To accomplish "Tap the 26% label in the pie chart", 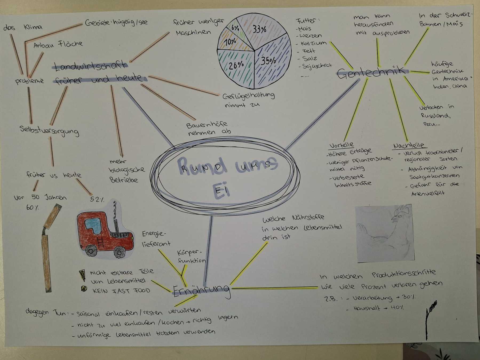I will click(x=236, y=65).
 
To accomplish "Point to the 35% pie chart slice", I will click(x=271, y=64).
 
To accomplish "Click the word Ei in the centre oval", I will click(x=221, y=191).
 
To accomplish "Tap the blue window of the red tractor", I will click(x=93, y=226).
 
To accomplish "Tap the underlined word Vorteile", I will click(x=342, y=145).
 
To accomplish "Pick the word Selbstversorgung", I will click(x=49, y=131).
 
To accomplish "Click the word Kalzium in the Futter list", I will click(x=313, y=43).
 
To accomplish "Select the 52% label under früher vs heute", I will click(x=97, y=199).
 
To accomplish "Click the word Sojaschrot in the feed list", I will click(x=317, y=66).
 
